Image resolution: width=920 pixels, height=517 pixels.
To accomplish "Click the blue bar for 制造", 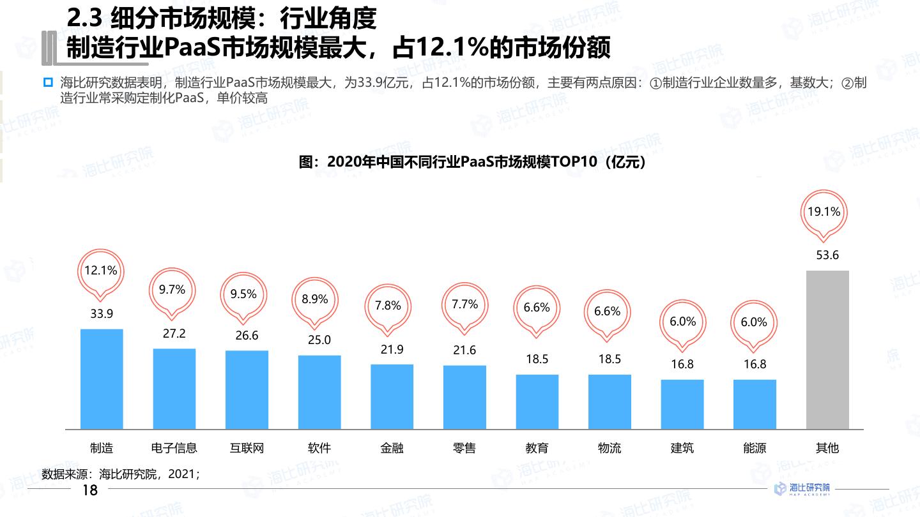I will coord(102,378).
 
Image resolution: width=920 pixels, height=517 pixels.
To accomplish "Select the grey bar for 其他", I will coord(827,350).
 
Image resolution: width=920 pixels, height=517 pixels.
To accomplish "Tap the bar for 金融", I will coord(392,396).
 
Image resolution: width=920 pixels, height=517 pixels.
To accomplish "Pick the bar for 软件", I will coord(319,392).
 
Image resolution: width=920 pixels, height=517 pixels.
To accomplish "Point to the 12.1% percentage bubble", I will coord(101,271).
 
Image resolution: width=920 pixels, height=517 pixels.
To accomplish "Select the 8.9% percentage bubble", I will coord(315,300).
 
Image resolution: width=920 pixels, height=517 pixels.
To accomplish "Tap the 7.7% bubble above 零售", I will coord(464,305).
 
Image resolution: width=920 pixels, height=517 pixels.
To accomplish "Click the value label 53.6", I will coord(827,255).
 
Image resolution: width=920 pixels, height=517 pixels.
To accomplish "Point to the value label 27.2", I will coord(174,334).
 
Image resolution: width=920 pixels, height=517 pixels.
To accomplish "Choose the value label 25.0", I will coord(319,340).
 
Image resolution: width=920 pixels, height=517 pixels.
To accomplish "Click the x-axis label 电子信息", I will coord(174,448).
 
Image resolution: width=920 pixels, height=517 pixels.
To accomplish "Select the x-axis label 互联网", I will coord(247,448).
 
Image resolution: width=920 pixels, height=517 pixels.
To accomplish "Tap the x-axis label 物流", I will coord(609,448).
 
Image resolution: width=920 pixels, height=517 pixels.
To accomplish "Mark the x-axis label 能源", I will coord(755,448).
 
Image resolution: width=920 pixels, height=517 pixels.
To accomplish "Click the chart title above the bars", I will coord(473,162).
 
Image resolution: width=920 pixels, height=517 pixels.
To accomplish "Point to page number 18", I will coord(90,490).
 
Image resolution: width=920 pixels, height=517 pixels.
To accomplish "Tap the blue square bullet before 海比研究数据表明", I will coord(48,82).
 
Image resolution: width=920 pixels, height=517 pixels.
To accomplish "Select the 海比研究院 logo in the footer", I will coord(802,489).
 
